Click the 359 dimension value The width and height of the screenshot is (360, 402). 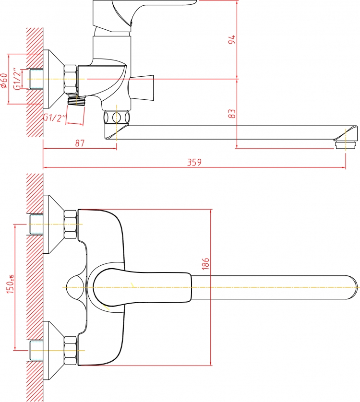[194, 162]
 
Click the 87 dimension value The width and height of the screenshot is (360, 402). [80, 143]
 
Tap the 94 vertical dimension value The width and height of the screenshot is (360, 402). [232, 39]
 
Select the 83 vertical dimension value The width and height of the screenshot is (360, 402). [232, 113]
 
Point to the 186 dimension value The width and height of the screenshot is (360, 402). [205, 264]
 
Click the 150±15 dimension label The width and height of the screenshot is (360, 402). [11, 284]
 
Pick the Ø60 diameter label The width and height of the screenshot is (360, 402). [4, 81]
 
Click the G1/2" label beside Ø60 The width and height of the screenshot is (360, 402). [17, 79]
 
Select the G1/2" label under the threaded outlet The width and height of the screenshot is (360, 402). [54, 118]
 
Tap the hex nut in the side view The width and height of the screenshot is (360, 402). [70, 79]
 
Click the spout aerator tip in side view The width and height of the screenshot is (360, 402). [346, 144]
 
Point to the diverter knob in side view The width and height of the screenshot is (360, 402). [142, 88]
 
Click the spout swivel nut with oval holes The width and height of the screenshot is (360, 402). [117, 118]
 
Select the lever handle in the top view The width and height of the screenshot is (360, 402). [142, 287]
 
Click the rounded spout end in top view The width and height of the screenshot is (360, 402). [352, 287]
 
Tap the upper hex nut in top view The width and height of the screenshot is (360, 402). [70, 225]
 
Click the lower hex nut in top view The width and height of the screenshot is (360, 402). [70, 351]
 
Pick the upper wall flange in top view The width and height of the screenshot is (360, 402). [53, 225]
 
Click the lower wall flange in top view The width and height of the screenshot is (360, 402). [53, 351]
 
